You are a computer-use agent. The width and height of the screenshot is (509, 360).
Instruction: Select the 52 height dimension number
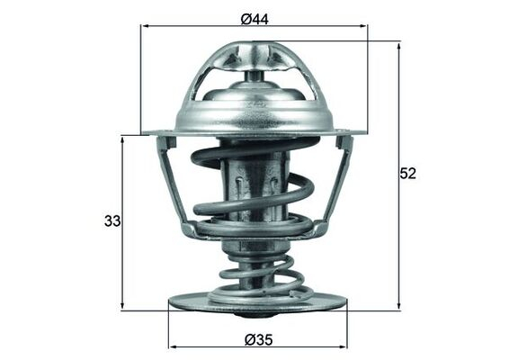coord(408,174)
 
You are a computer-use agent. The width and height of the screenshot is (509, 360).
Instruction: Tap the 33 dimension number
coord(112,220)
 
